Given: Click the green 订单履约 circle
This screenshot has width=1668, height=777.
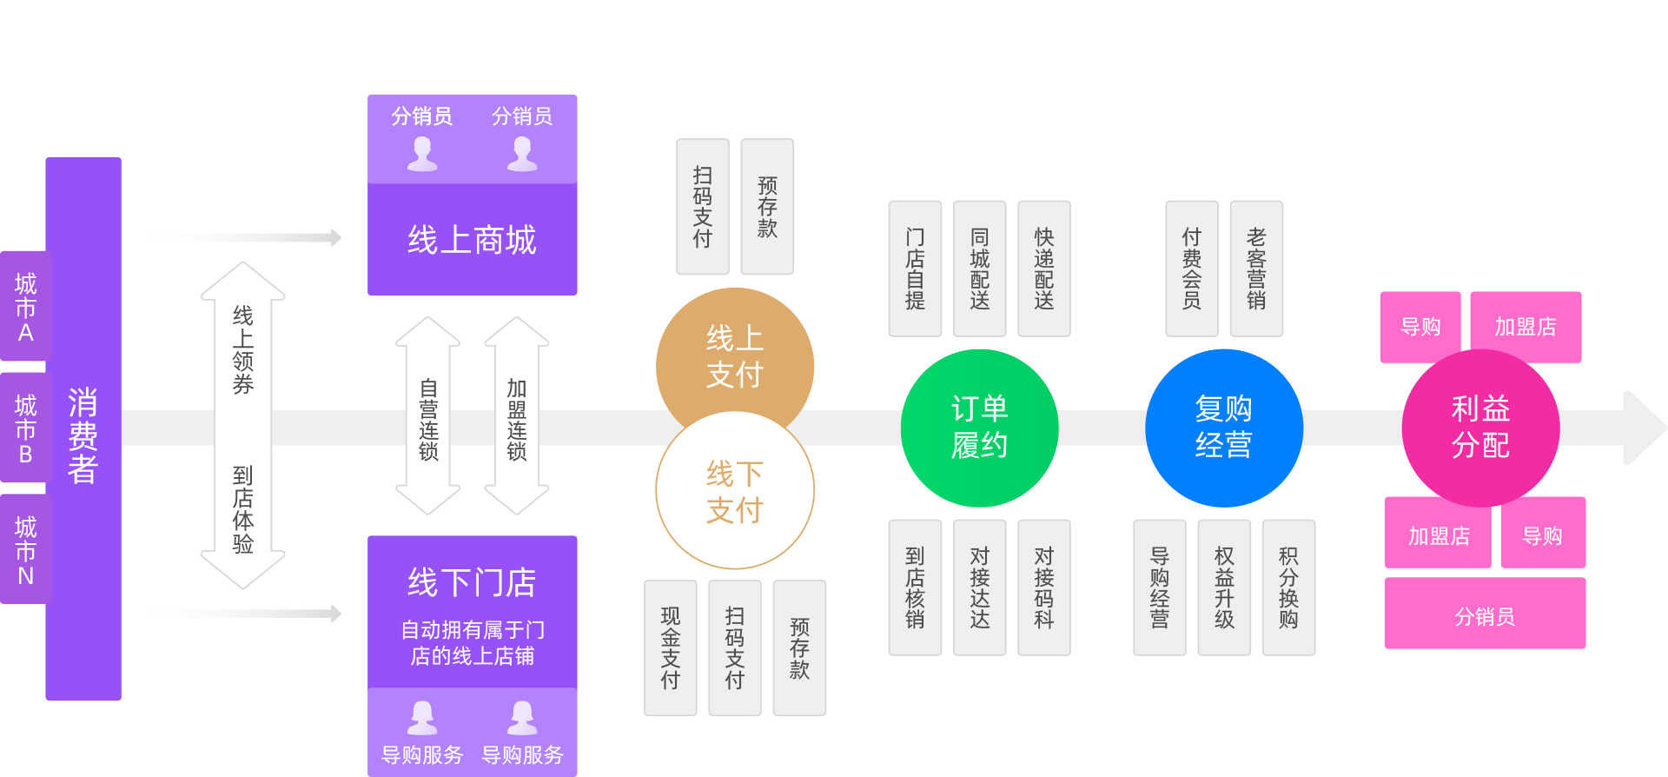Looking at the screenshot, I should point(979,428).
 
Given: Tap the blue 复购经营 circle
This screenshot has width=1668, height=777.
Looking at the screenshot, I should point(1223,428).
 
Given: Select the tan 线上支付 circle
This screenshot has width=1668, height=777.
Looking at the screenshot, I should point(735,356).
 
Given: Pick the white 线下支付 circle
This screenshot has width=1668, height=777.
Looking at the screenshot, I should point(735,492).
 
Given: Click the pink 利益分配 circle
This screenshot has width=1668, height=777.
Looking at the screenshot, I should point(1480,428).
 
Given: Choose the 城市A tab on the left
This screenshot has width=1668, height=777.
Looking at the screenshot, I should point(25,307).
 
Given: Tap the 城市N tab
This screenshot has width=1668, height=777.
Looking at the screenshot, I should point(25,550).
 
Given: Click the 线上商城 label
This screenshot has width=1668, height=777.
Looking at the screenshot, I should point(472,240).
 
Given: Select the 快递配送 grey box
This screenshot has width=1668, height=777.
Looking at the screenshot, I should point(1043,269).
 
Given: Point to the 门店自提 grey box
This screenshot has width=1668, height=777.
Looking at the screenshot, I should point(915,269).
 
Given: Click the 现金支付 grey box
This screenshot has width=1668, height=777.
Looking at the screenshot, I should point(670,648).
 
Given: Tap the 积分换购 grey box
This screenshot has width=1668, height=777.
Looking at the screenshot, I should point(1288,588).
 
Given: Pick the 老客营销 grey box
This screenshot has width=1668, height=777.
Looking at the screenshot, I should point(1256,269).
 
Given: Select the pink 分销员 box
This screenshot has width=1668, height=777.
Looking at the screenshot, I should point(1485,616).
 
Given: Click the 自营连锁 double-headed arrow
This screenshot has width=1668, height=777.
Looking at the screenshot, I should point(428,416).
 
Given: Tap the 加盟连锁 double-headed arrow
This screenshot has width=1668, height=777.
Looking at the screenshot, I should point(517,416).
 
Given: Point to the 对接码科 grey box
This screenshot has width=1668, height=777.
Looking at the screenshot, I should point(1043,588).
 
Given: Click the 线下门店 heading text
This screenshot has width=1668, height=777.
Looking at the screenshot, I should point(472,582).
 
